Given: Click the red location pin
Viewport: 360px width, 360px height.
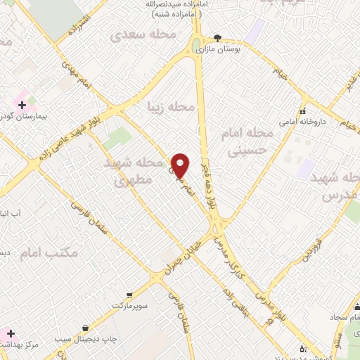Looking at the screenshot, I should (x=181, y=166).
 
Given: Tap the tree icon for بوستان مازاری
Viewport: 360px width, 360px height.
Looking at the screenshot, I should (x=217, y=39).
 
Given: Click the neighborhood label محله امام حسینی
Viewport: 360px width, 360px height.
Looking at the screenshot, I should (x=251, y=141).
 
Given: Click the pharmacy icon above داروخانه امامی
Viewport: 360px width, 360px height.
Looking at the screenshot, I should (x=303, y=112).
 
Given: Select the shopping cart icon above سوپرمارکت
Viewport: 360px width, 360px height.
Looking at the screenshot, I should (x=129, y=295).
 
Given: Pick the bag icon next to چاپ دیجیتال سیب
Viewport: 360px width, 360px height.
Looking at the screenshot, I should (x=86, y=328).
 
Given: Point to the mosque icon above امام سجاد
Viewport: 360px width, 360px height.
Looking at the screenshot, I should (x=356, y=307).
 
